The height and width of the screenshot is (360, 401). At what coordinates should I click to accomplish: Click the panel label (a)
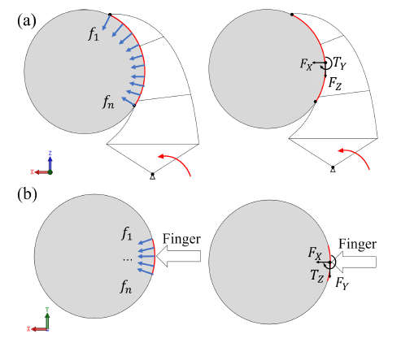pyautogui.click(x=27, y=21)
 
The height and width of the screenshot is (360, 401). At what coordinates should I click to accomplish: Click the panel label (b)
pyautogui.click(x=27, y=194)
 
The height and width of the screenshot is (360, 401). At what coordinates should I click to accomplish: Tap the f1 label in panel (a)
pyautogui.click(x=94, y=34)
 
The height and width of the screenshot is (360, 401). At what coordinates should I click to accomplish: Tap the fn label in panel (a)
pyautogui.click(x=108, y=102)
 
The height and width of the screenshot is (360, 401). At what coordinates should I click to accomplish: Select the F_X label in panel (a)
pyautogui.click(x=306, y=64)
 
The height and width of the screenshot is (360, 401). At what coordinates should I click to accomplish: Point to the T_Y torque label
pyautogui.click(x=339, y=63)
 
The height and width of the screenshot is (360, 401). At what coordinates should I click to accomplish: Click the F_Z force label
pyautogui.click(x=335, y=83)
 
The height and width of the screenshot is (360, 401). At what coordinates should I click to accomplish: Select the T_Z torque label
pyautogui.click(x=317, y=276)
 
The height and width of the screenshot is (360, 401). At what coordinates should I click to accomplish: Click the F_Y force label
pyautogui.click(x=342, y=284)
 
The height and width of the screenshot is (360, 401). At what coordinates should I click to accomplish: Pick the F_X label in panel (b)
pyautogui.click(x=315, y=254)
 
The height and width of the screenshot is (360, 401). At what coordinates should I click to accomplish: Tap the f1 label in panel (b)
pyautogui.click(x=127, y=234)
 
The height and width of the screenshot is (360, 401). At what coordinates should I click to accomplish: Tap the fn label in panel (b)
pyautogui.click(x=126, y=287)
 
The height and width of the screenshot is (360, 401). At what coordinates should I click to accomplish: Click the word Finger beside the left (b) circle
pyautogui.click(x=181, y=239)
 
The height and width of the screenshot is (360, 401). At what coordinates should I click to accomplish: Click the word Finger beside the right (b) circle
pyautogui.click(x=357, y=244)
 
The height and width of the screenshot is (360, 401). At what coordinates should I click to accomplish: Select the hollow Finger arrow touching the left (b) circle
pyautogui.click(x=179, y=256)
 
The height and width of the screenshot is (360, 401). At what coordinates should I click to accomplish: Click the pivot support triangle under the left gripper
pyautogui.click(x=153, y=176)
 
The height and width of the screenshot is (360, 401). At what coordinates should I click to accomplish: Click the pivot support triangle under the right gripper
pyautogui.click(x=333, y=169)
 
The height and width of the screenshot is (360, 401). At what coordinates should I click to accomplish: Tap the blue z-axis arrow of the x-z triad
pyautogui.click(x=50, y=163)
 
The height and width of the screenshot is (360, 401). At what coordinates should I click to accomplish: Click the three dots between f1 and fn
pyautogui.click(x=128, y=259)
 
